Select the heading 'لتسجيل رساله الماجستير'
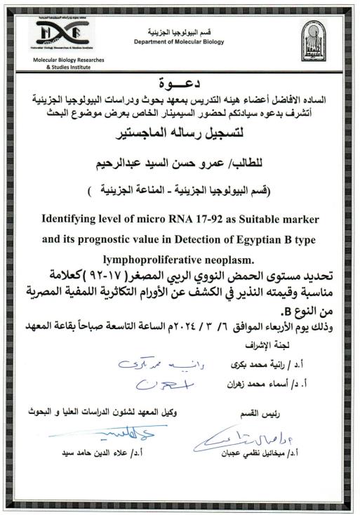[180, 129]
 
